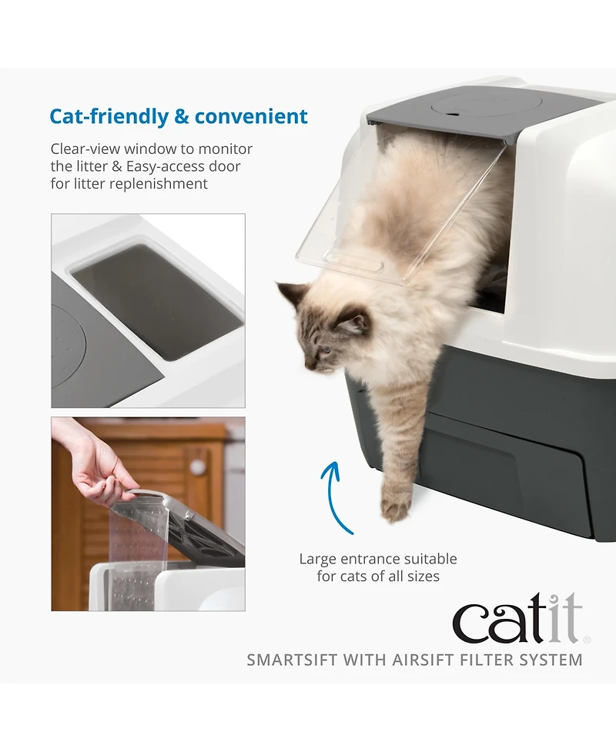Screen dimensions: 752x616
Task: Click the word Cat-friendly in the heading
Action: [x=108, y=117]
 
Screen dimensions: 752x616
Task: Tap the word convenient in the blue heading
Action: [x=251, y=117]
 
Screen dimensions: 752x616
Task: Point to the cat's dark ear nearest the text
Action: [x=293, y=292]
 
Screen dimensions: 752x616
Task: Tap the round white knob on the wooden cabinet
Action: [x=197, y=466]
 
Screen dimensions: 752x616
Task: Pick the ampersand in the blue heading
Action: [x=182, y=117]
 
